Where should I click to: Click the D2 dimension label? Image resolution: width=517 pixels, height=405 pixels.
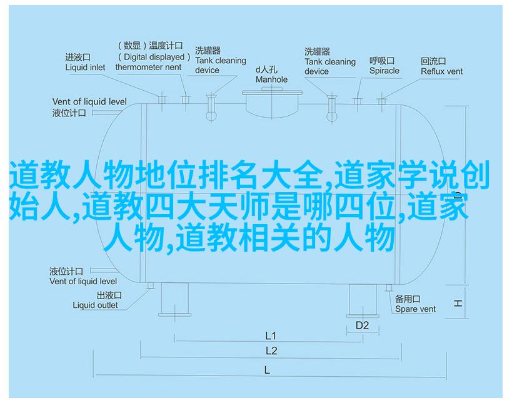362,326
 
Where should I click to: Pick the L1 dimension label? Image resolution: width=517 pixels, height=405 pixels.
270,336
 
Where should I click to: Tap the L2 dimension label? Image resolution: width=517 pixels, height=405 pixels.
271,351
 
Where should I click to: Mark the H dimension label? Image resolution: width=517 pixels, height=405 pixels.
458,303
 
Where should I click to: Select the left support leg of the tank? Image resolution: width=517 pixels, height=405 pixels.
174,299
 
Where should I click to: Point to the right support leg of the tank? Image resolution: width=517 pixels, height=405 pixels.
363,300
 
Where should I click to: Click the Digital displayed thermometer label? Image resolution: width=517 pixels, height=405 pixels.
153,56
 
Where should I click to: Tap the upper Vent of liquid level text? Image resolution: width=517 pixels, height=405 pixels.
89,101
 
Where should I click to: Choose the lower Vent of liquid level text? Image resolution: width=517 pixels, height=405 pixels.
83,281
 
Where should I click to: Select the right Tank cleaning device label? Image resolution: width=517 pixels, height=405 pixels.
330,61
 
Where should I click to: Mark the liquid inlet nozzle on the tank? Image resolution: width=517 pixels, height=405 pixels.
161,99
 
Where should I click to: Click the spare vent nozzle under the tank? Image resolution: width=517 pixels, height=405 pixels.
389,288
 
